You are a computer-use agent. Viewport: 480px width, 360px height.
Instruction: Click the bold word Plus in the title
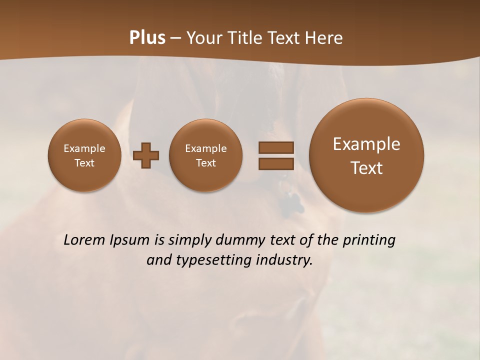point(147,38)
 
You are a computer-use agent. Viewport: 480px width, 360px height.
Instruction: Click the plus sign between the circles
point(146,155)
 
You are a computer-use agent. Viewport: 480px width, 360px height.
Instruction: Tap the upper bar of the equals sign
point(275,147)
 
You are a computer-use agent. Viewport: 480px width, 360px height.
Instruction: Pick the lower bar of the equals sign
point(275,164)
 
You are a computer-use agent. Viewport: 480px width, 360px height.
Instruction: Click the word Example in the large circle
point(366,144)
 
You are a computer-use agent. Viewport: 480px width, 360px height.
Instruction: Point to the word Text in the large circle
point(366,168)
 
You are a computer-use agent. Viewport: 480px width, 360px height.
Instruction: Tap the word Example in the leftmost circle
point(84,148)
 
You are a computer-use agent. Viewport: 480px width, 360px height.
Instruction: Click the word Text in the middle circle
point(206,163)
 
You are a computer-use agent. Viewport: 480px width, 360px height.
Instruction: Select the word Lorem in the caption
point(84,240)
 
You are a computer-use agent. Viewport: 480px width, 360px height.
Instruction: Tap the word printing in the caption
point(368,240)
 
